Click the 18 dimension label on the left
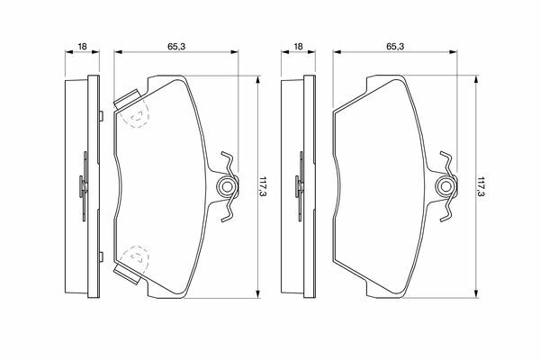[82, 46]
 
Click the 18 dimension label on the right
[298, 46]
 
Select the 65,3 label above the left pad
[176, 46]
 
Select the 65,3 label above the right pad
[395, 46]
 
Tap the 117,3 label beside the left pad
[264, 186]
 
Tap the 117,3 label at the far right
[481, 186]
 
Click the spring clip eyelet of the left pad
[226, 186]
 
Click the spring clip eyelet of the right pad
[446, 186]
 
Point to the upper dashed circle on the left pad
[135, 114]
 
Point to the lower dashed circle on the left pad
[135, 258]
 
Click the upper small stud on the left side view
[101, 116]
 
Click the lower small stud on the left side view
[101, 257]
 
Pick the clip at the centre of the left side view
[84, 186]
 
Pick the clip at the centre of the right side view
[300, 186]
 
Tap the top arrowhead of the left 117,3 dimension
[257, 79]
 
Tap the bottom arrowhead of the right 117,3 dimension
[476, 293]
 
